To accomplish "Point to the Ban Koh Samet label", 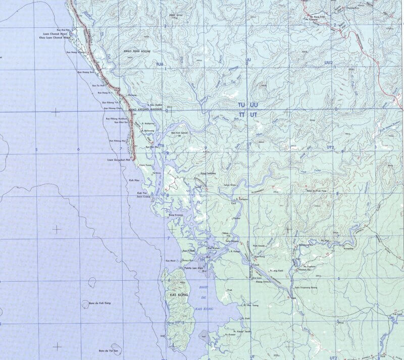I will click(179, 133).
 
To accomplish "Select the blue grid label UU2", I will click(329, 63).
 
